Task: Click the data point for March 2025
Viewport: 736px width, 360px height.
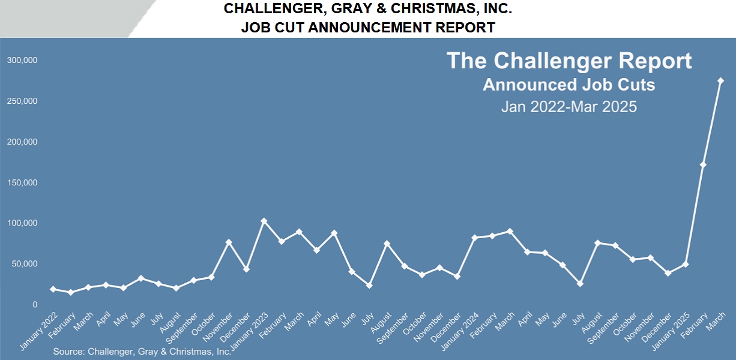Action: [720, 81]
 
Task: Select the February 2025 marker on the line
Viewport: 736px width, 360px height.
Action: [703, 164]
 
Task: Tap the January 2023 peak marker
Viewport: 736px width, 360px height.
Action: [264, 221]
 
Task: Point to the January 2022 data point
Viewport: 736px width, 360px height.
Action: [53, 289]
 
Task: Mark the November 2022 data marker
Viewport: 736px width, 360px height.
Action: [229, 242]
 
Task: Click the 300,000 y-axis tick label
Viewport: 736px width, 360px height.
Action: [22, 61]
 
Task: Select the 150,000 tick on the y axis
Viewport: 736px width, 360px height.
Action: [22, 182]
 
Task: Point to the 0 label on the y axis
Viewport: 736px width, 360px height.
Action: [35, 305]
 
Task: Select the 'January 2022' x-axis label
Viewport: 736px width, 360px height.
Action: [40, 331]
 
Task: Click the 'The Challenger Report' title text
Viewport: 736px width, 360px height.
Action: [569, 61]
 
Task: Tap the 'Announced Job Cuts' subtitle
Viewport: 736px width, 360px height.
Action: [569, 85]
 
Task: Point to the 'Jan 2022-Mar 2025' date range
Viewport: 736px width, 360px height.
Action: [569, 107]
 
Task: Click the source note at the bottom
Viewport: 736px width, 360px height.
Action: [142, 352]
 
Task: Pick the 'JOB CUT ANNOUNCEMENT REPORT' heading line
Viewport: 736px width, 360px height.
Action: [368, 27]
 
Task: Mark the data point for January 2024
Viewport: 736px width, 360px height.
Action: [474, 238]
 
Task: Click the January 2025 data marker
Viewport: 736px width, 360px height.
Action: [686, 264]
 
